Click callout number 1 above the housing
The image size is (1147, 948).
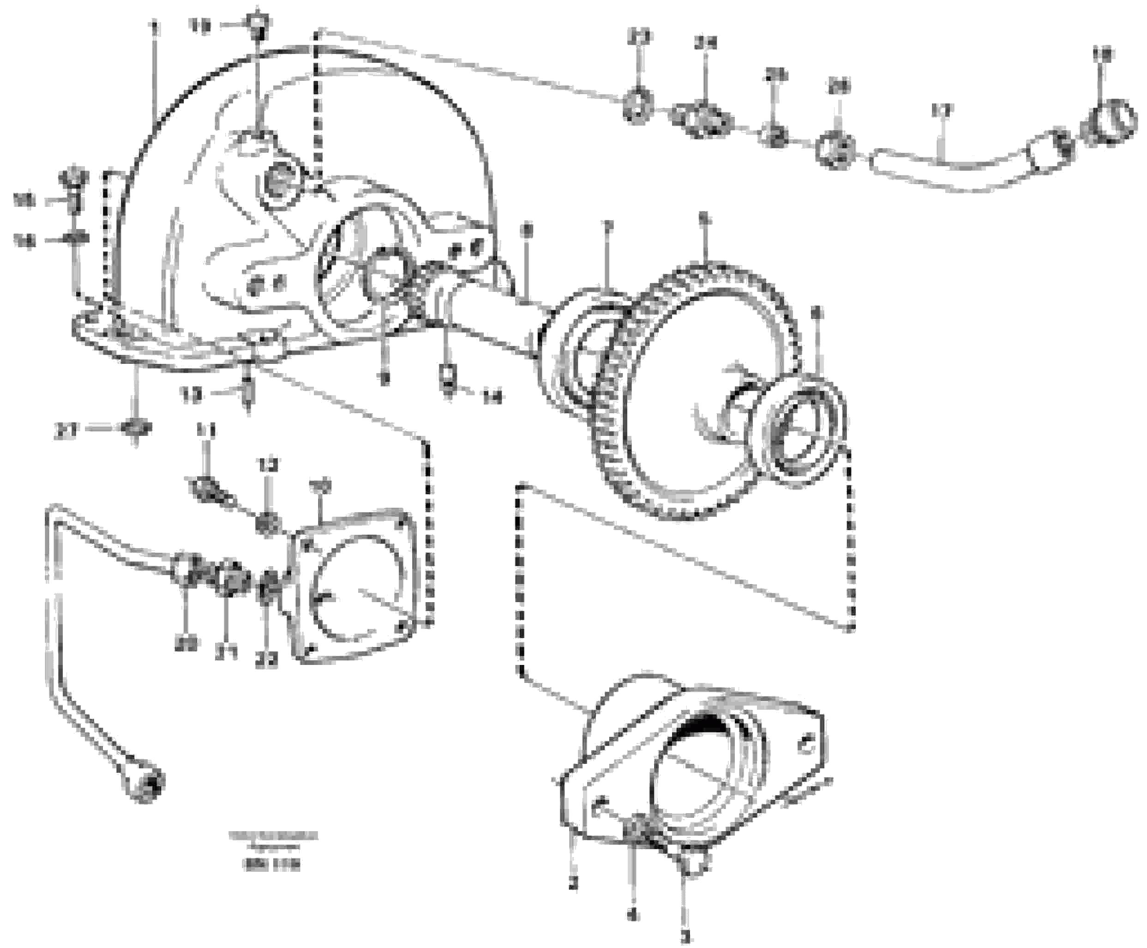(x=155, y=27)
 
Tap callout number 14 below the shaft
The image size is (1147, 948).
(x=492, y=399)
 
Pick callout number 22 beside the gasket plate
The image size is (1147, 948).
(x=266, y=660)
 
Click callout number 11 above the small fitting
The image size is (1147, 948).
(x=206, y=431)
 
